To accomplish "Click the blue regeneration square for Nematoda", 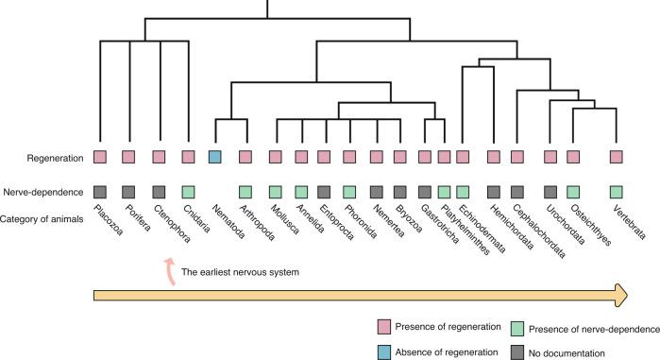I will point(215,156).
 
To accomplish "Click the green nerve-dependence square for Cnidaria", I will point(188,192).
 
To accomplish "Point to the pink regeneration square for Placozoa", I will point(100,156).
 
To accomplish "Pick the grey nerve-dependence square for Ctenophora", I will point(160,192).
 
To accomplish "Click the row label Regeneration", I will point(42,156).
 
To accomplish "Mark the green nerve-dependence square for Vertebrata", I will point(617,192).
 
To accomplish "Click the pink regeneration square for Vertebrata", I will point(617,156).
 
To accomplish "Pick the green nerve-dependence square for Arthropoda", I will point(245,192).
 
